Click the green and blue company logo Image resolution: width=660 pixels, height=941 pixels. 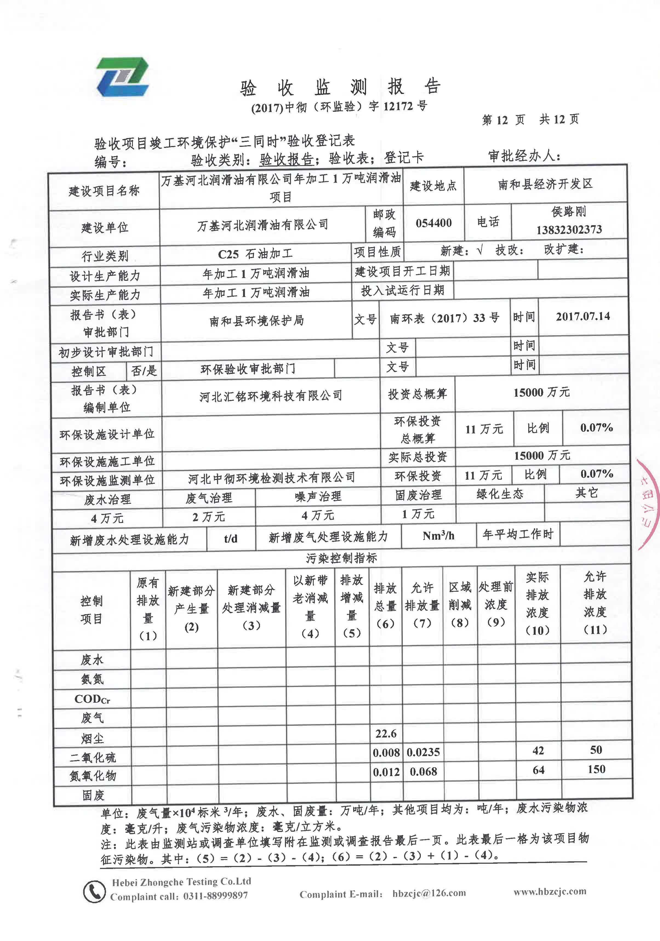pyautogui.click(x=122, y=77)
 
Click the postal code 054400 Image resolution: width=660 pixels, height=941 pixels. pyautogui.click(x=433, y=223)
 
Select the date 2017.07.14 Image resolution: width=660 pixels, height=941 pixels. pyautogui.click(x=582, y=316)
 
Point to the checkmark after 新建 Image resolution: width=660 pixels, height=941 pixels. pyautogui.click(x=480, y=250)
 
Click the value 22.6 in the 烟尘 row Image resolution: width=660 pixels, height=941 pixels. pyautogui.click(x=386, y=733)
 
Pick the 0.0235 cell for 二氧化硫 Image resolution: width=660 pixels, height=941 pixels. pyautogui.click(x=423, y=752)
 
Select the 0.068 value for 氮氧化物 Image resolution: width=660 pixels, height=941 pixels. pyautogui.click(x=423, y=772)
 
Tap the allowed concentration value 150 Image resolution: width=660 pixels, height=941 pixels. pyautogui.click(x=596, y=769)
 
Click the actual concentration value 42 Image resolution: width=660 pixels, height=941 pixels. pyautogui.click(x=538, y=750)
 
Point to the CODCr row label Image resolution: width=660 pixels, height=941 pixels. pyautogui.click(x=92, y=699)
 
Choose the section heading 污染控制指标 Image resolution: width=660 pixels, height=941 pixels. pyautogui.click(x=341, y=558)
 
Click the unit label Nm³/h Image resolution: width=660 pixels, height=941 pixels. pyautogui.click(x=438, y=536)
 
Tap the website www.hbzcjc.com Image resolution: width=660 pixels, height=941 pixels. pyautogui.click(x=550, y=891)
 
